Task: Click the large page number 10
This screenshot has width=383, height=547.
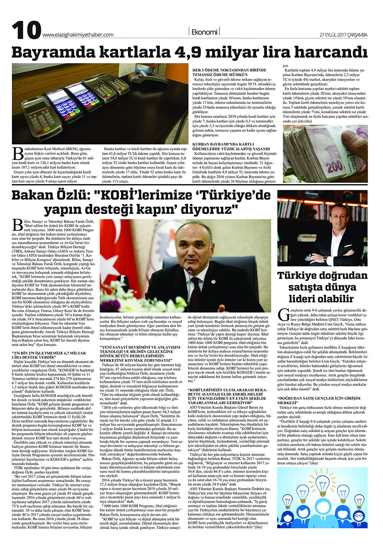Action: tap(26, 31)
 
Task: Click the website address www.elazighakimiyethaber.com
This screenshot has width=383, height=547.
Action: tap(78, 34)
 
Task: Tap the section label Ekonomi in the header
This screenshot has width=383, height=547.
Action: tap(204, 32)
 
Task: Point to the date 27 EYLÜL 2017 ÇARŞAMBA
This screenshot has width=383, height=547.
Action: tap(344, 35)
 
